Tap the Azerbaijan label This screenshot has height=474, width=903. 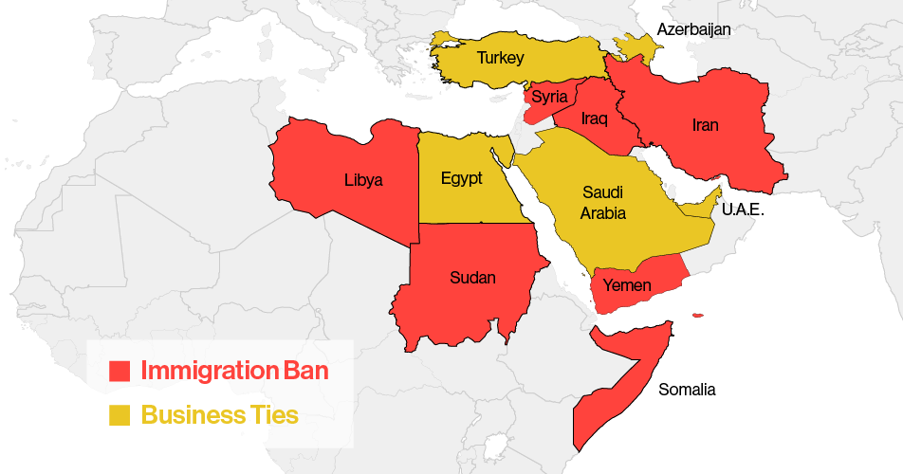(694, 29)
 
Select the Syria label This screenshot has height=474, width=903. (549, 97)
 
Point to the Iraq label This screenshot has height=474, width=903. (594, 118)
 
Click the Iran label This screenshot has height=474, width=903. (705, 125)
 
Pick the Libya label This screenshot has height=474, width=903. (363, 179)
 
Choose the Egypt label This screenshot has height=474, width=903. (461, 178)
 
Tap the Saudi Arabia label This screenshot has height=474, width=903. (603, 203)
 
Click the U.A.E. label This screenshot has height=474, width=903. (743, 210)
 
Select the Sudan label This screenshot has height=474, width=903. (472, 277)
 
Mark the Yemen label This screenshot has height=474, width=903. (628, 286)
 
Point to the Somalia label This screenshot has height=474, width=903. (687, 390)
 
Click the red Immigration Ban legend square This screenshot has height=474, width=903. (120, 371)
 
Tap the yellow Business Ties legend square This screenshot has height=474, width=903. (120, 414)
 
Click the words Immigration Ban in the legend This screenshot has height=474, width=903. (234, 371)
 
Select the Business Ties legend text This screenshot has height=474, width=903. (219, 414)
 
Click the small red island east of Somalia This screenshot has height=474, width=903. (698, 316)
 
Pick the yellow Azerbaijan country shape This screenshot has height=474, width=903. (636, 46)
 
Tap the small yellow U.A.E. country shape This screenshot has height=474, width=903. (703, 205)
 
